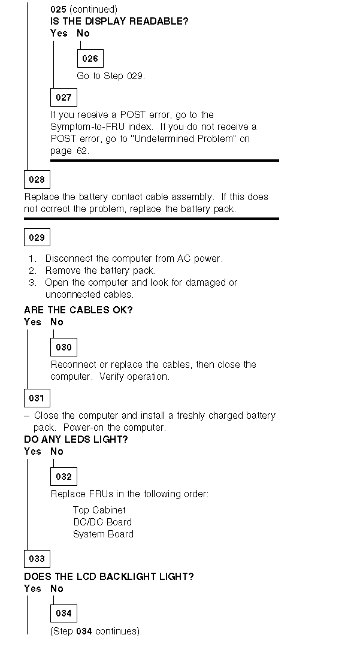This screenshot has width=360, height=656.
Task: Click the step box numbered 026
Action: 90,59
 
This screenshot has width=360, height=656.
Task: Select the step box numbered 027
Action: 63,97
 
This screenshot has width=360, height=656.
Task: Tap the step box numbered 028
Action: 37,179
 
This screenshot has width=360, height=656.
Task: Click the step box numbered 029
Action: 37,237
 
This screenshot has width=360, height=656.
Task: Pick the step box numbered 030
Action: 63,347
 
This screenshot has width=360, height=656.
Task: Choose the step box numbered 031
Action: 37,398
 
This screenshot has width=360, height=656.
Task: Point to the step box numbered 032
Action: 63,477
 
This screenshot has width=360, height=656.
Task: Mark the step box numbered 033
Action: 37,558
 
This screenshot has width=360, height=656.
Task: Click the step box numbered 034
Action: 63,613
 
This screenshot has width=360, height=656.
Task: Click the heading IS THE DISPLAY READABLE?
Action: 119,22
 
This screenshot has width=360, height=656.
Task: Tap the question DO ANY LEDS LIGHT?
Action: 76,439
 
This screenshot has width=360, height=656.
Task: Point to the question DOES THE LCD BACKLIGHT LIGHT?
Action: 108,576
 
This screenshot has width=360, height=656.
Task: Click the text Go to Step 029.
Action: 111,76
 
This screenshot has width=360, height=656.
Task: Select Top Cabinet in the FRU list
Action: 99,510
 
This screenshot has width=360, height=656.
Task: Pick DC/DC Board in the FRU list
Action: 102,522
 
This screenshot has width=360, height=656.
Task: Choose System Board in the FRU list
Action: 103,534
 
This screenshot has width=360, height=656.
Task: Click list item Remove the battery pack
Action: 100,270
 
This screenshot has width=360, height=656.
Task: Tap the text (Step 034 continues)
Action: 95,631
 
